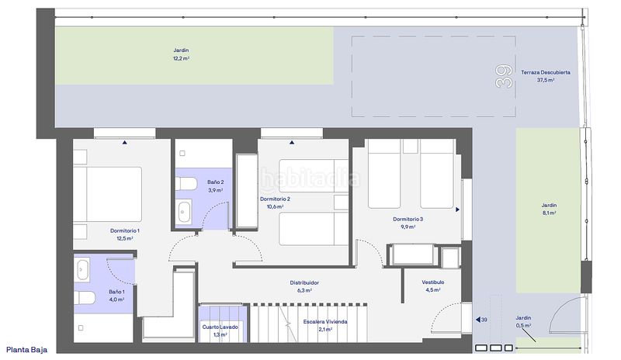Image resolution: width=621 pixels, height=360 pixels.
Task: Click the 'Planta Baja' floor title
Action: tap(26, 350)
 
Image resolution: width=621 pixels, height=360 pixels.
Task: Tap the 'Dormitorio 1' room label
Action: tap(125, 230)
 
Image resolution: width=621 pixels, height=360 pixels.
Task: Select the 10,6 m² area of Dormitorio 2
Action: tap(275, 206)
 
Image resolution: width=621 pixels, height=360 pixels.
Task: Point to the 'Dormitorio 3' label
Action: tap(408, 219)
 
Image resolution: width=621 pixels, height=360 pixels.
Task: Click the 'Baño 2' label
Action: tap(216, 182)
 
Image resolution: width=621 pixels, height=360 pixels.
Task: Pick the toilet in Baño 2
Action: tap(186, 184)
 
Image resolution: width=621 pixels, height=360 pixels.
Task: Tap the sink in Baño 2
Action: tap(184, 212)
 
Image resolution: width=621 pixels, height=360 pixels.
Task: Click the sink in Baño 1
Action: tap(82, 269)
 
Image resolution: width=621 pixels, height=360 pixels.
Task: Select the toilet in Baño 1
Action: tap(85, 298)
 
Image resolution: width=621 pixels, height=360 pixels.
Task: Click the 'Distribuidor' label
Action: tap(304, 282)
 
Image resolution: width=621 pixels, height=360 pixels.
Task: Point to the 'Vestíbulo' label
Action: tap(433, 282)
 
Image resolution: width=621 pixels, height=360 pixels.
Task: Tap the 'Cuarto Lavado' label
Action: tap(220, 327)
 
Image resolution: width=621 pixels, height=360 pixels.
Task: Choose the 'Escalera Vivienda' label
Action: tap(325, 321)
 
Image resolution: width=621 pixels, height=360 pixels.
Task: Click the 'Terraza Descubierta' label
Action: tap(546, 72)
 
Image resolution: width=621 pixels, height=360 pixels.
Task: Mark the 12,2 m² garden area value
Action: tap(181, 59)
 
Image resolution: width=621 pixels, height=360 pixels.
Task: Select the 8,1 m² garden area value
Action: tap(550, 213)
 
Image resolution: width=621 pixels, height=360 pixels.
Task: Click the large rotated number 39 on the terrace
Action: tap(504, 77)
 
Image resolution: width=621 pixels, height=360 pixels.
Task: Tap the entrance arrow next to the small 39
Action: tap(478, 320)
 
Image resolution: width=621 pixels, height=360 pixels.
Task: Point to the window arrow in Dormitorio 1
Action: tap(125, 142)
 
